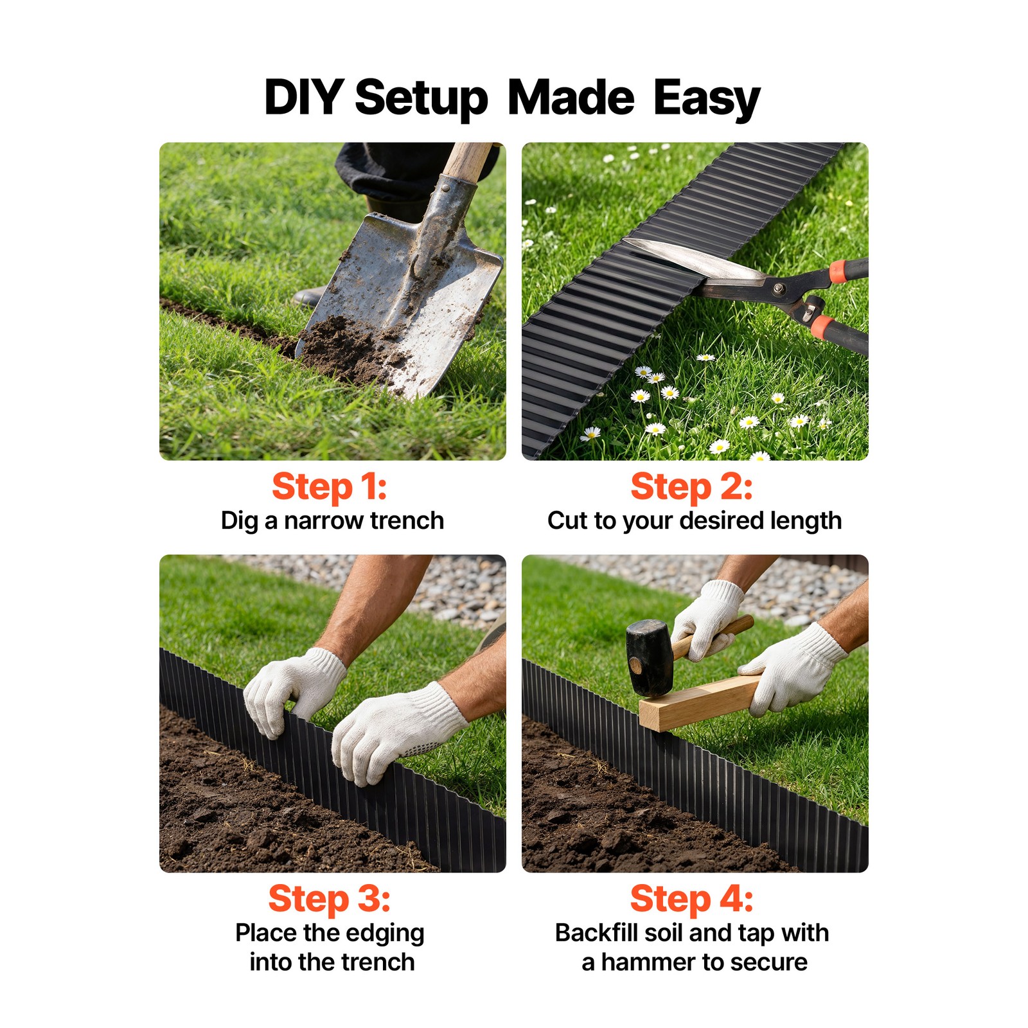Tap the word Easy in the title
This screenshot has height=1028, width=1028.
pos(707,100)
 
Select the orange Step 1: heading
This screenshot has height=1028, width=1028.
pos(329,488)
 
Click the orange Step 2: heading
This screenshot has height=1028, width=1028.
pos(691,488)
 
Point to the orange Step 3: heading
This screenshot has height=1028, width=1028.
pos(329,899)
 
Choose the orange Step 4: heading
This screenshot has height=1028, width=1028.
pos(691,899)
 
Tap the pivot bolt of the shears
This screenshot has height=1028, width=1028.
pos(779,288)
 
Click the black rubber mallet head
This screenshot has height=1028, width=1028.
pos(650,658)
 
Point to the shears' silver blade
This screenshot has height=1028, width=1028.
pos(694,260)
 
